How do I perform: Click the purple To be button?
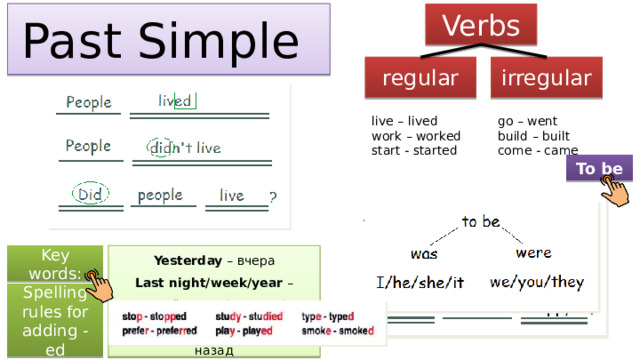(599, 168)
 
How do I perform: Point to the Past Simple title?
(165, 39)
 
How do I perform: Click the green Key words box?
(53, 264)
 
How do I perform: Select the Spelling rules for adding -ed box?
(53, 321)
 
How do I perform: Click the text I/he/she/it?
(420, 283)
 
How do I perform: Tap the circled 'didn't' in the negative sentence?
(161, 147)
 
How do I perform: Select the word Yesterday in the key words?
(160, 261)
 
